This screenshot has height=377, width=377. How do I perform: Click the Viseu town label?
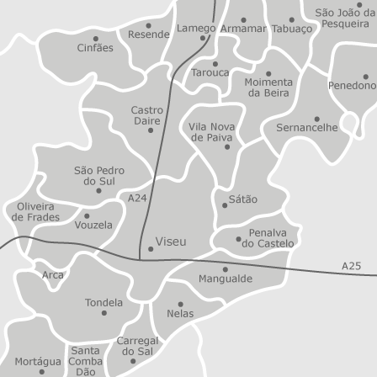[x=171, y=242]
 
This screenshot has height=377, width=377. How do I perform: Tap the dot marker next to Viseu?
[x=151, y=248]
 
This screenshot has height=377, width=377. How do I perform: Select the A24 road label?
[x=137, y=198]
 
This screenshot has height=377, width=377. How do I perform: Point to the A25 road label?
[x=351, y=266]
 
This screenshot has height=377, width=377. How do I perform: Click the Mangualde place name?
[x=225, y=279]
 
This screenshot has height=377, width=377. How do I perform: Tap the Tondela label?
[x=104, y=302]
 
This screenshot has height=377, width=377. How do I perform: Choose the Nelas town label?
[x=180, y=314]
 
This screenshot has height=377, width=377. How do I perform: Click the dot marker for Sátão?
[x=225, y=204]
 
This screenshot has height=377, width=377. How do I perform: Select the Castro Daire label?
[x=147, y=115]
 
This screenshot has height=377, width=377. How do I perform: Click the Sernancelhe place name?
[x=307, y=128]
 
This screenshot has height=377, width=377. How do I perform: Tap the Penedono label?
[x=352, y=86]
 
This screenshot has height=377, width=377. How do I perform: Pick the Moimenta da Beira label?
[x=268, y=87]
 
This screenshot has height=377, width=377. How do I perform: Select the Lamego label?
[x=196, y=28]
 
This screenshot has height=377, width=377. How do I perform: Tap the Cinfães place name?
[x=95, y=48]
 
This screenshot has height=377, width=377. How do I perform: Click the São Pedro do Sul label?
[x=99, y=175]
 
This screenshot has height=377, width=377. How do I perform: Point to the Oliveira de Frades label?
[x=35, y=211]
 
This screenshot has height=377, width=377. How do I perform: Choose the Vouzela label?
[x=93, y=226]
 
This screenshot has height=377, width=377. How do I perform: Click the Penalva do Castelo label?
[x=268, y=238]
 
